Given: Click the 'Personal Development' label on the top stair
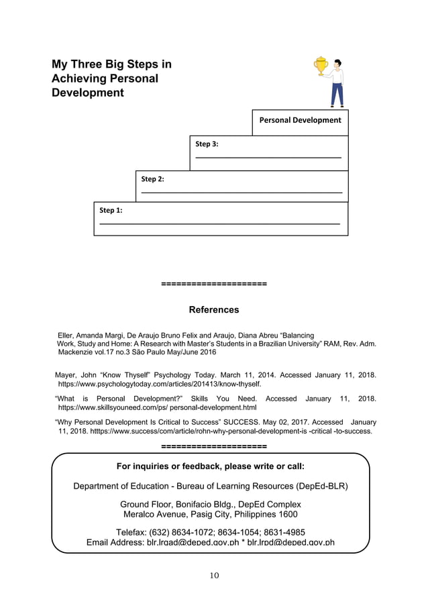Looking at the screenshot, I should (300, 120).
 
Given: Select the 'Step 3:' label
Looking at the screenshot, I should (207, 144).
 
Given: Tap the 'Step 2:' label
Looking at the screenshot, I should (152, 179).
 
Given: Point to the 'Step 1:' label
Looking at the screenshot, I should (111, 210).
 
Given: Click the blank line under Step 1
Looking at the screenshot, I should (219, 223).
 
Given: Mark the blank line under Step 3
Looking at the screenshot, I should (268, 158).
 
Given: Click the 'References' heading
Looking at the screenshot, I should (213, 310).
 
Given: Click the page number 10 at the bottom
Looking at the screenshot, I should (213, 575).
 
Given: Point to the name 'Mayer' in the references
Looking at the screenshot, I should (66, 375).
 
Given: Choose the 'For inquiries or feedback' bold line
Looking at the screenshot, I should (210, 466).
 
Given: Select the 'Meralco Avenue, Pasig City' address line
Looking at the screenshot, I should (210, 514).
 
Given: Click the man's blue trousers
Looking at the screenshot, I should (337, 93).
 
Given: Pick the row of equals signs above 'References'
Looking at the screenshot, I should (214, 285).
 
